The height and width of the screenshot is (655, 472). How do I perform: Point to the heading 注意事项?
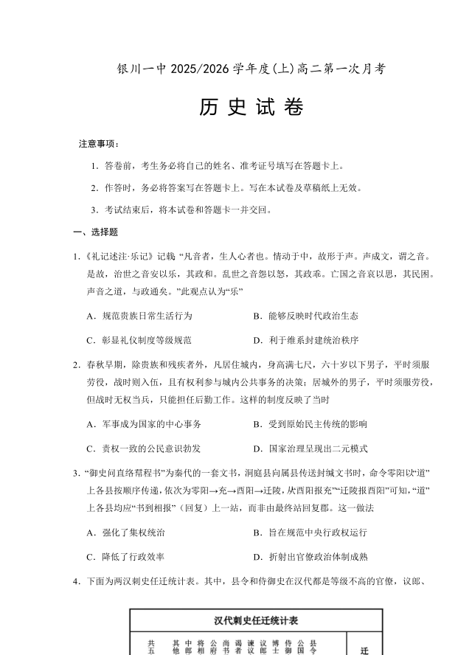99,143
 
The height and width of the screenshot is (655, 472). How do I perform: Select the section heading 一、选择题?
96,232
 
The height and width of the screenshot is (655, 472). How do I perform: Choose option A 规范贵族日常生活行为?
139,316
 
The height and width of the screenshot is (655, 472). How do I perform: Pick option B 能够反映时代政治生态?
305,316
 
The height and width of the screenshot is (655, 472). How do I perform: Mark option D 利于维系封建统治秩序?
305,340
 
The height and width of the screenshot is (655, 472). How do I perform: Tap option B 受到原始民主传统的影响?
310,424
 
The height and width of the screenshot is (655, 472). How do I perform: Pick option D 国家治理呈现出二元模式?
310,448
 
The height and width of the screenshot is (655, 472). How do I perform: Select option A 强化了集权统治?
125,532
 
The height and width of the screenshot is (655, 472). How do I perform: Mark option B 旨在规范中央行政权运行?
310,532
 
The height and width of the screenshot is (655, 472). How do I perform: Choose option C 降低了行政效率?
125,556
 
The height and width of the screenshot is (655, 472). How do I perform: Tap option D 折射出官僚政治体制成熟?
310,556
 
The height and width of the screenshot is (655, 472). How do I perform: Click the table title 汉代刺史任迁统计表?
257,620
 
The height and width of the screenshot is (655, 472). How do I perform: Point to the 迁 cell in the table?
364,651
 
